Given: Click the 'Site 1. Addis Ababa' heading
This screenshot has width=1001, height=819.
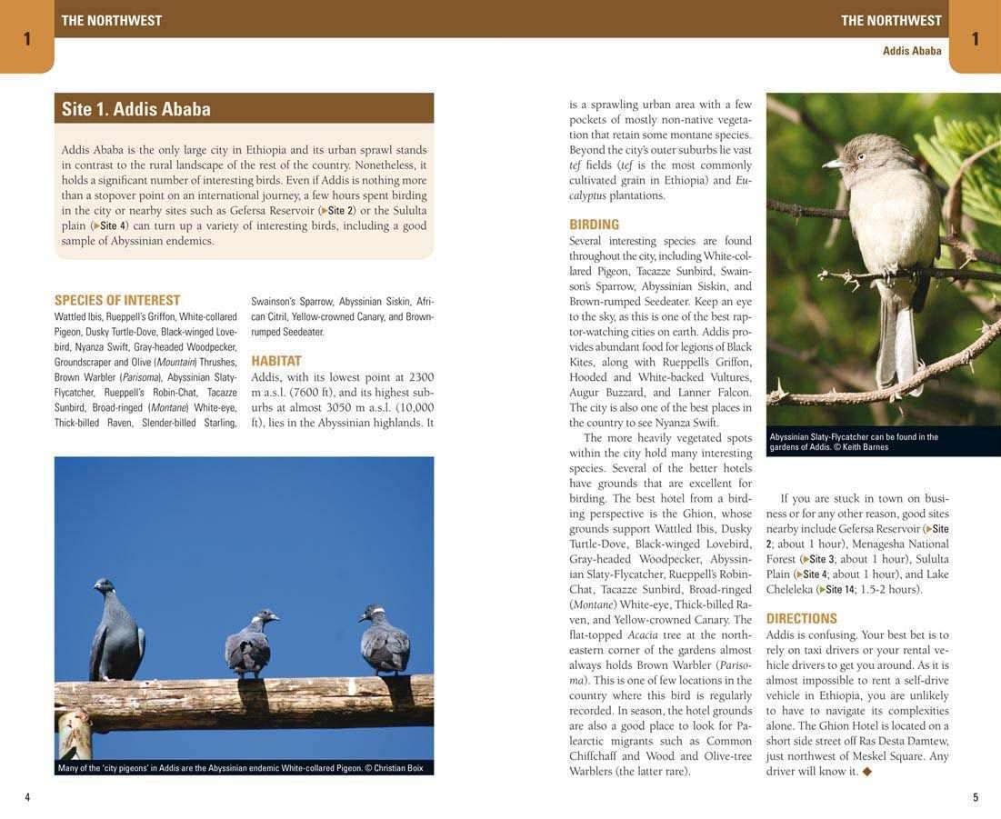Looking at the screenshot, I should tap(136, 109).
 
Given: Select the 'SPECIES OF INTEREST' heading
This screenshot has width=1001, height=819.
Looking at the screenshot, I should tap(117, 300).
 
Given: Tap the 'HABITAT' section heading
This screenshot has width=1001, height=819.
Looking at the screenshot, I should tap(276, 361).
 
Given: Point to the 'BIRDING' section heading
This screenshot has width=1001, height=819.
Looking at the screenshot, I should tap(594, 225).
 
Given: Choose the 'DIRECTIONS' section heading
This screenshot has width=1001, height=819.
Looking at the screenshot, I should tap(801, 619).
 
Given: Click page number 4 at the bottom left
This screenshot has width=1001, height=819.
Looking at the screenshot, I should tap(27, 797).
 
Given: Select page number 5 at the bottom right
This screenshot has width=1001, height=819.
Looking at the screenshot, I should tap(976, 797).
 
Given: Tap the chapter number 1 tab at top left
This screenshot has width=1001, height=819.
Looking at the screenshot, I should tap(27, 38).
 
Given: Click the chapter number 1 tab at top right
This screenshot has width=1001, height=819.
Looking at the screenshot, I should tap(975, 38).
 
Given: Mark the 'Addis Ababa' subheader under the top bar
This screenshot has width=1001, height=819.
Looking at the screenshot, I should tap(912, 51).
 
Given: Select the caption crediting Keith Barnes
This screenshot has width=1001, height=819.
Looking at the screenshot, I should tap(855, 442).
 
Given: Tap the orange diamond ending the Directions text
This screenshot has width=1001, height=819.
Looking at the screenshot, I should tap(866, 772).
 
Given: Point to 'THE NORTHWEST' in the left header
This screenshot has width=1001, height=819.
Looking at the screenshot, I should tap(111, 20).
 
